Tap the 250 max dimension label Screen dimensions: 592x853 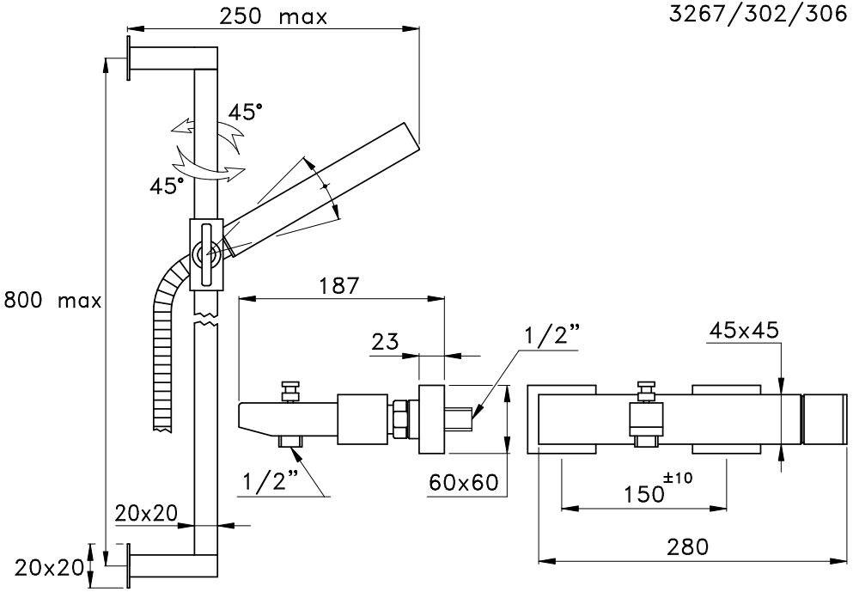[273, 16]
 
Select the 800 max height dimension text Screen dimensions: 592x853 [53, 301]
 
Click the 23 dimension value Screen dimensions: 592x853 [386, 342]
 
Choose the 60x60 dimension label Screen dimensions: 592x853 [464, 482]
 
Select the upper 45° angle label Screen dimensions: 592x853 [246, 113]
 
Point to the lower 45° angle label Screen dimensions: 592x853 [167, 185]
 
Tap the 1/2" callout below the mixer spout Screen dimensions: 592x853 [272, 485]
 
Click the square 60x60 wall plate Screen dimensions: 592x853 [430, 419]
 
